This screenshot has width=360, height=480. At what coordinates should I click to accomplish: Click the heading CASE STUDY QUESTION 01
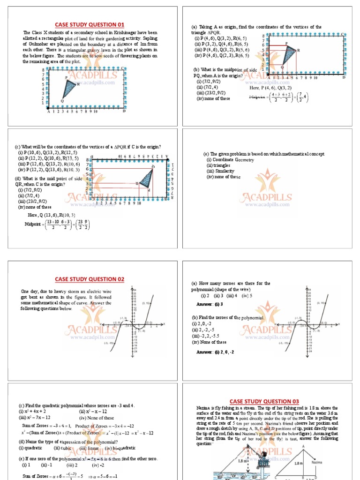tap(90, 24)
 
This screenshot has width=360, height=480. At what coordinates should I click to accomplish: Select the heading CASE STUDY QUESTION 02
tap(90, 279)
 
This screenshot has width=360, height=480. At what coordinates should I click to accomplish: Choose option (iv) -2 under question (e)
tap(97, 465)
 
